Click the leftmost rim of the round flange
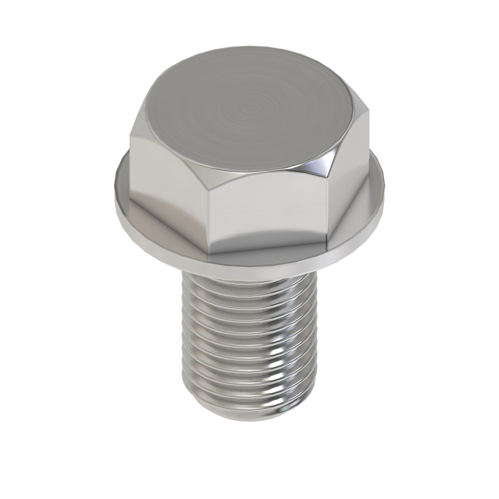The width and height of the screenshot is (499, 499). tap(115, 183)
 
